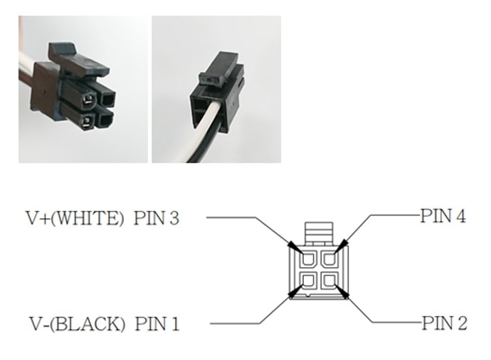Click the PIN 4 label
tap(443, 216)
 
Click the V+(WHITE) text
tap(75, 218)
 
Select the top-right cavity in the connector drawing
tap(328, 258)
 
